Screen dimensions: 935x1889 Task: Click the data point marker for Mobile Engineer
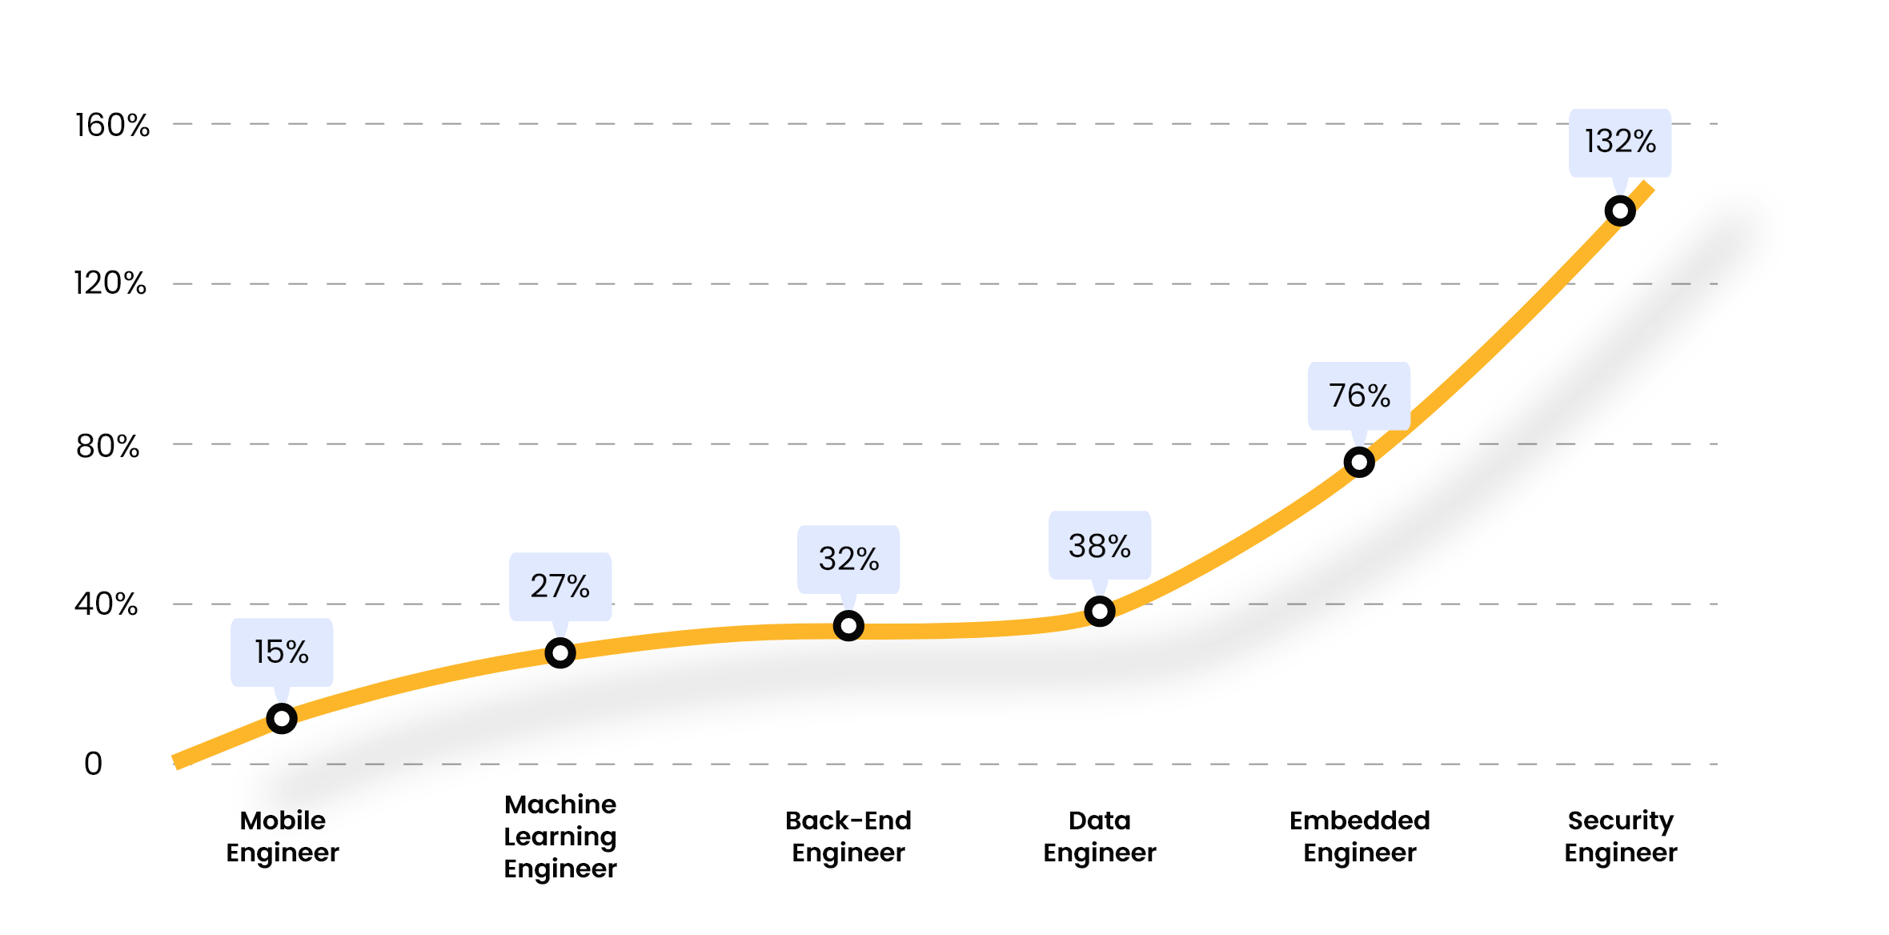tap(282, 719)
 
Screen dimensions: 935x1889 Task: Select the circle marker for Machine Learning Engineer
tap(560, 653)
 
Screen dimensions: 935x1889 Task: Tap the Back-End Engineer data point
tap(848, 626)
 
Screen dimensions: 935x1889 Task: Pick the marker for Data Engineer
tap(1100, 612)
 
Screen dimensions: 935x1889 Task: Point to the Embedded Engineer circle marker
tap(1359, 462)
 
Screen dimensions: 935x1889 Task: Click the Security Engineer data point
tap(1620, 211)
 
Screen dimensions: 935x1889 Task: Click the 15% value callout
tap(282, 652)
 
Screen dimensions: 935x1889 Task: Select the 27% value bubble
tap(560, 586)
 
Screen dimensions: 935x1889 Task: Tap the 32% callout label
tap(848, 559)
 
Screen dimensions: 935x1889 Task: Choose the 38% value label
tap(1100, 546)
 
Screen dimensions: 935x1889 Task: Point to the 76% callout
tap(1359, 395)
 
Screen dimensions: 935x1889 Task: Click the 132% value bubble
tap(1620, 142)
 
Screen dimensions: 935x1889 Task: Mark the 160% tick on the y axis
tap(112, 126)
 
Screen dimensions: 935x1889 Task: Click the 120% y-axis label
tap(110, 283)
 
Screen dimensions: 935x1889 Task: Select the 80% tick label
tap(107, 446)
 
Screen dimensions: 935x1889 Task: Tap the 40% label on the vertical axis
tap(106, 604)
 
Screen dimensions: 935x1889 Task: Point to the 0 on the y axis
tap(93, 764)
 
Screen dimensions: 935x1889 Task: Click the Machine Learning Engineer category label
tap(560, 837)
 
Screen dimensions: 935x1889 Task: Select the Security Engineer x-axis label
tap(1620, 837)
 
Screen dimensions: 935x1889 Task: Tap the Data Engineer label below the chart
tap(1100, 837)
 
